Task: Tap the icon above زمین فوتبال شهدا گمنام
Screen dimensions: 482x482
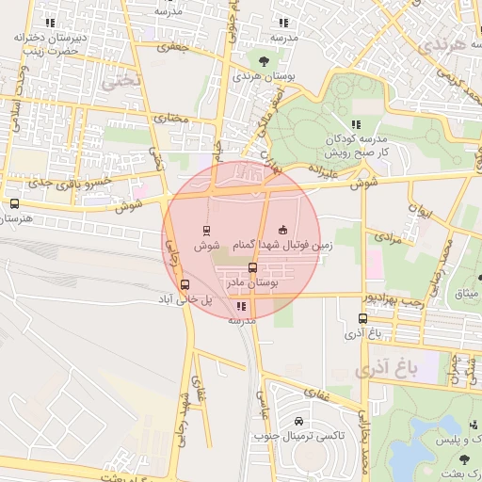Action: pyautogui.click(x=283, y=230)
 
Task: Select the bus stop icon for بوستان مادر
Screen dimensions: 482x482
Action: pyautogui.click(x=251, y=267)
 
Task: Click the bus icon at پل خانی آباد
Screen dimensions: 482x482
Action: pyautogui.click(x=185, y=283)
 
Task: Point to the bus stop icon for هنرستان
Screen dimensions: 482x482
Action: pyautogui.click(x=13, y=203)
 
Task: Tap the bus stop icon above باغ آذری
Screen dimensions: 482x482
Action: pyautogui.click(x=364, y=318)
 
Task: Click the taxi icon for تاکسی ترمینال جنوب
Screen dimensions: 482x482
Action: pyautogui.click(x=298, y=421)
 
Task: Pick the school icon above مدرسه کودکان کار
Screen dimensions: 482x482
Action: pyautogui.click(x=355, y=124)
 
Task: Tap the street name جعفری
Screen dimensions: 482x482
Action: pyautogui.click(x=172, y=45)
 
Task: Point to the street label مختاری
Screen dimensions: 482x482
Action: pyautogui.click(x=171, y=119)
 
